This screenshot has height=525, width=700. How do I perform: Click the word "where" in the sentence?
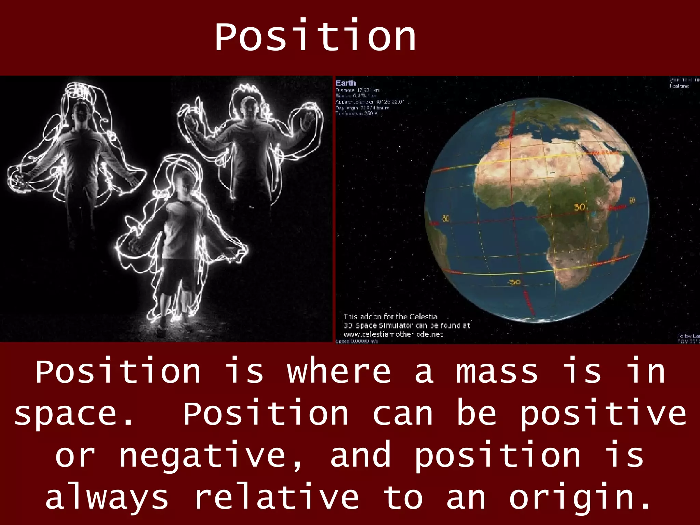tap(338, 372)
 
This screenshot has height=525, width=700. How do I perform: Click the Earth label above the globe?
tap(346, 83)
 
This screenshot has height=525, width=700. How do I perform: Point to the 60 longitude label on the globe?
tap(632, 201)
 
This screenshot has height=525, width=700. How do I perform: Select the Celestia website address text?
tap(393, 334)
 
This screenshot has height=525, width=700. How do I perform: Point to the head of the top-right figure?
tap(250, 109)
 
